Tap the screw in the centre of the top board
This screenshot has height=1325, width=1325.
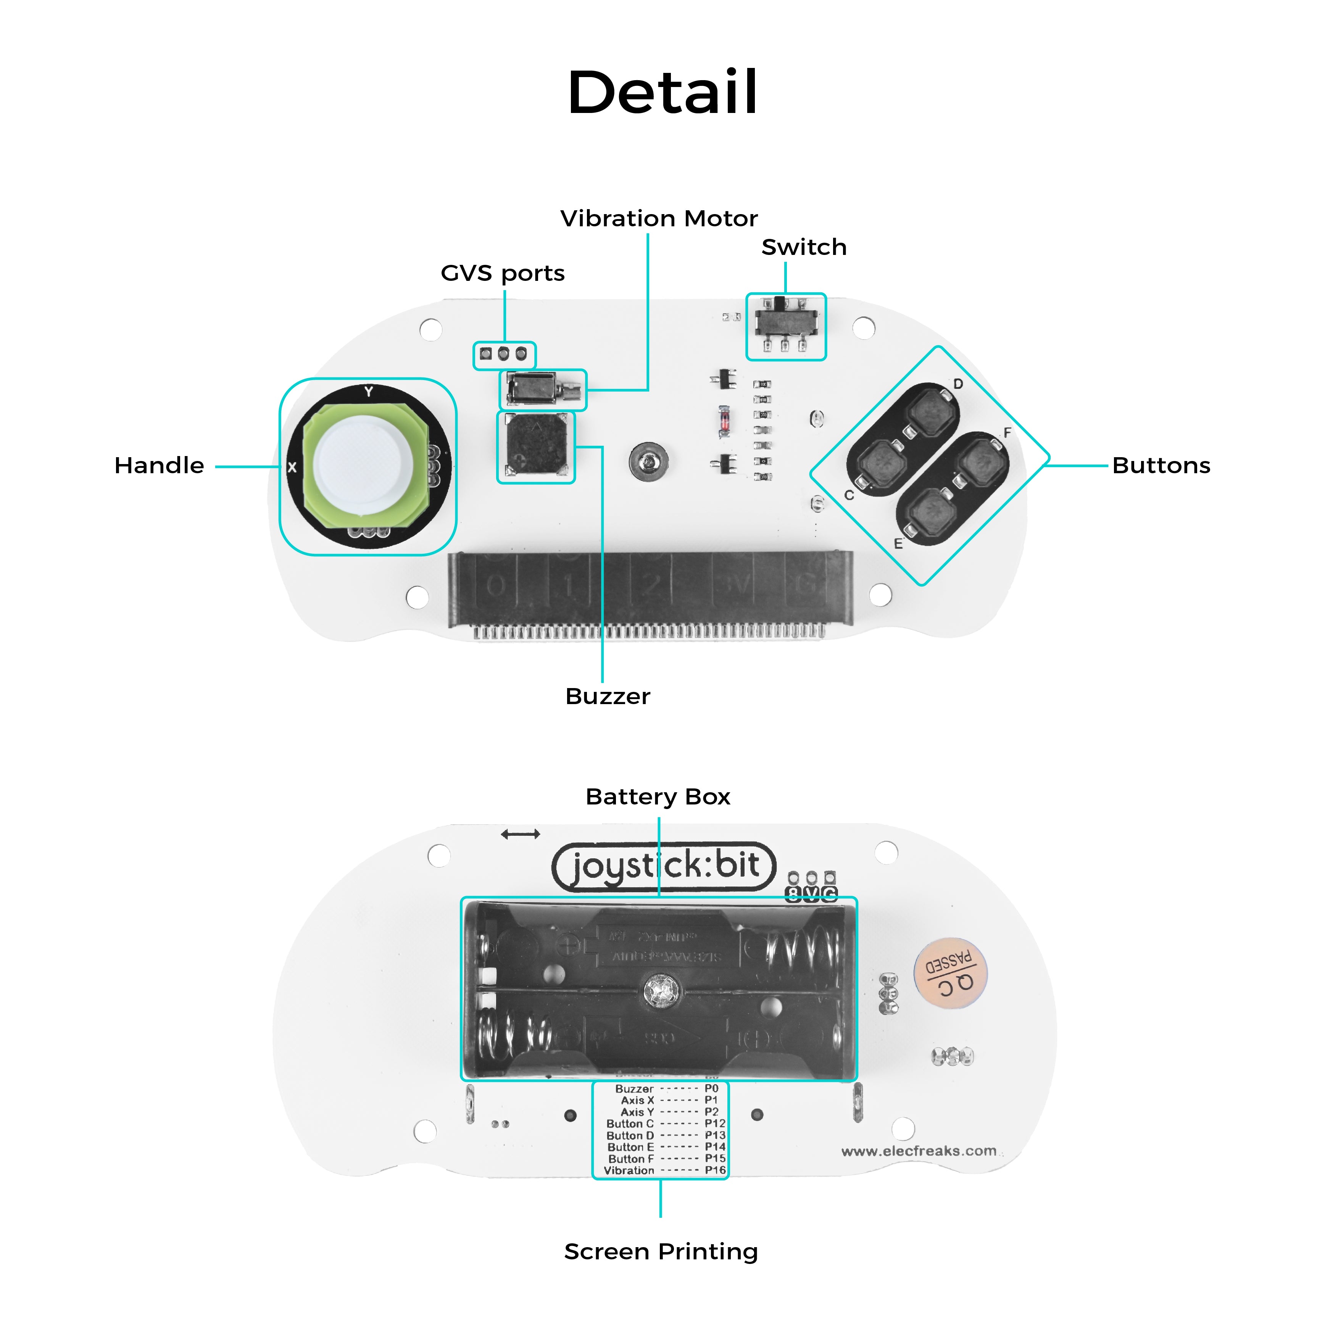coord(648,461)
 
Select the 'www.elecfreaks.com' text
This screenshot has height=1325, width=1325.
coord(918,1151)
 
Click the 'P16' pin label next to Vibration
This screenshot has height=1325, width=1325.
coord(715,1170)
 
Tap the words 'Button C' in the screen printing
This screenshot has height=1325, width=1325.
coord(630,1124)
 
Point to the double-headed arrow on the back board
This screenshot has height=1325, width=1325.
coord(521,834)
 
